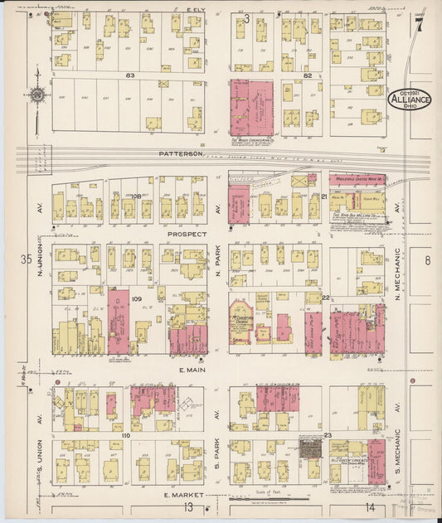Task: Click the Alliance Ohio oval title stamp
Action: click(x=409, y=100)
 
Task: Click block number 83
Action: click(x=129, y=75)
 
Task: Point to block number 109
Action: click(x=137, y=298)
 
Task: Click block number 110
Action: click(x=126, y=434)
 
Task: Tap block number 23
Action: click(x=328, y=434)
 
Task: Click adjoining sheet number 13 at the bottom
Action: click(x=189, y=506)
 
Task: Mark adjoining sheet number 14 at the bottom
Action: click(x=369, y=506)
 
